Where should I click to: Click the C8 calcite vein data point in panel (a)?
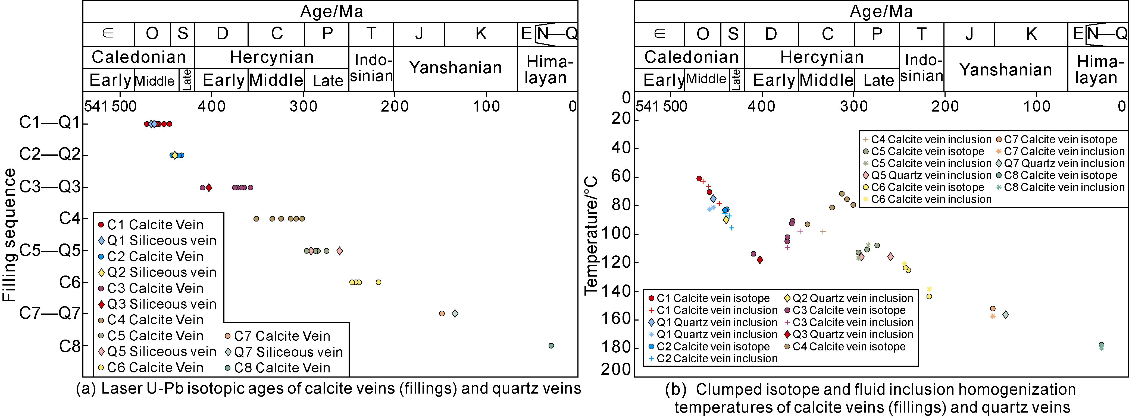(x=551, y=346)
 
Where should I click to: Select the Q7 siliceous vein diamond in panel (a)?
(x=455, y=313)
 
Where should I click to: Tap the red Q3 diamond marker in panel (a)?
(x=209, y=187)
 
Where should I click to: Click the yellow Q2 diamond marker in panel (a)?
(x=175, y=155)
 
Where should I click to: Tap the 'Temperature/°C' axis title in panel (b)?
(x=591, y=235)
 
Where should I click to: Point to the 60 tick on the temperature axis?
(x=621, y=176)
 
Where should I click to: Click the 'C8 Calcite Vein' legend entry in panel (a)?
(x=282, y=368)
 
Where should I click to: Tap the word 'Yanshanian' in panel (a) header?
(x=455, y=68)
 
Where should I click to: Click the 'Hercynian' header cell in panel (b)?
(x=822, y=57)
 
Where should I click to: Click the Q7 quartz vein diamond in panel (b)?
(x=1005, y=315)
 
